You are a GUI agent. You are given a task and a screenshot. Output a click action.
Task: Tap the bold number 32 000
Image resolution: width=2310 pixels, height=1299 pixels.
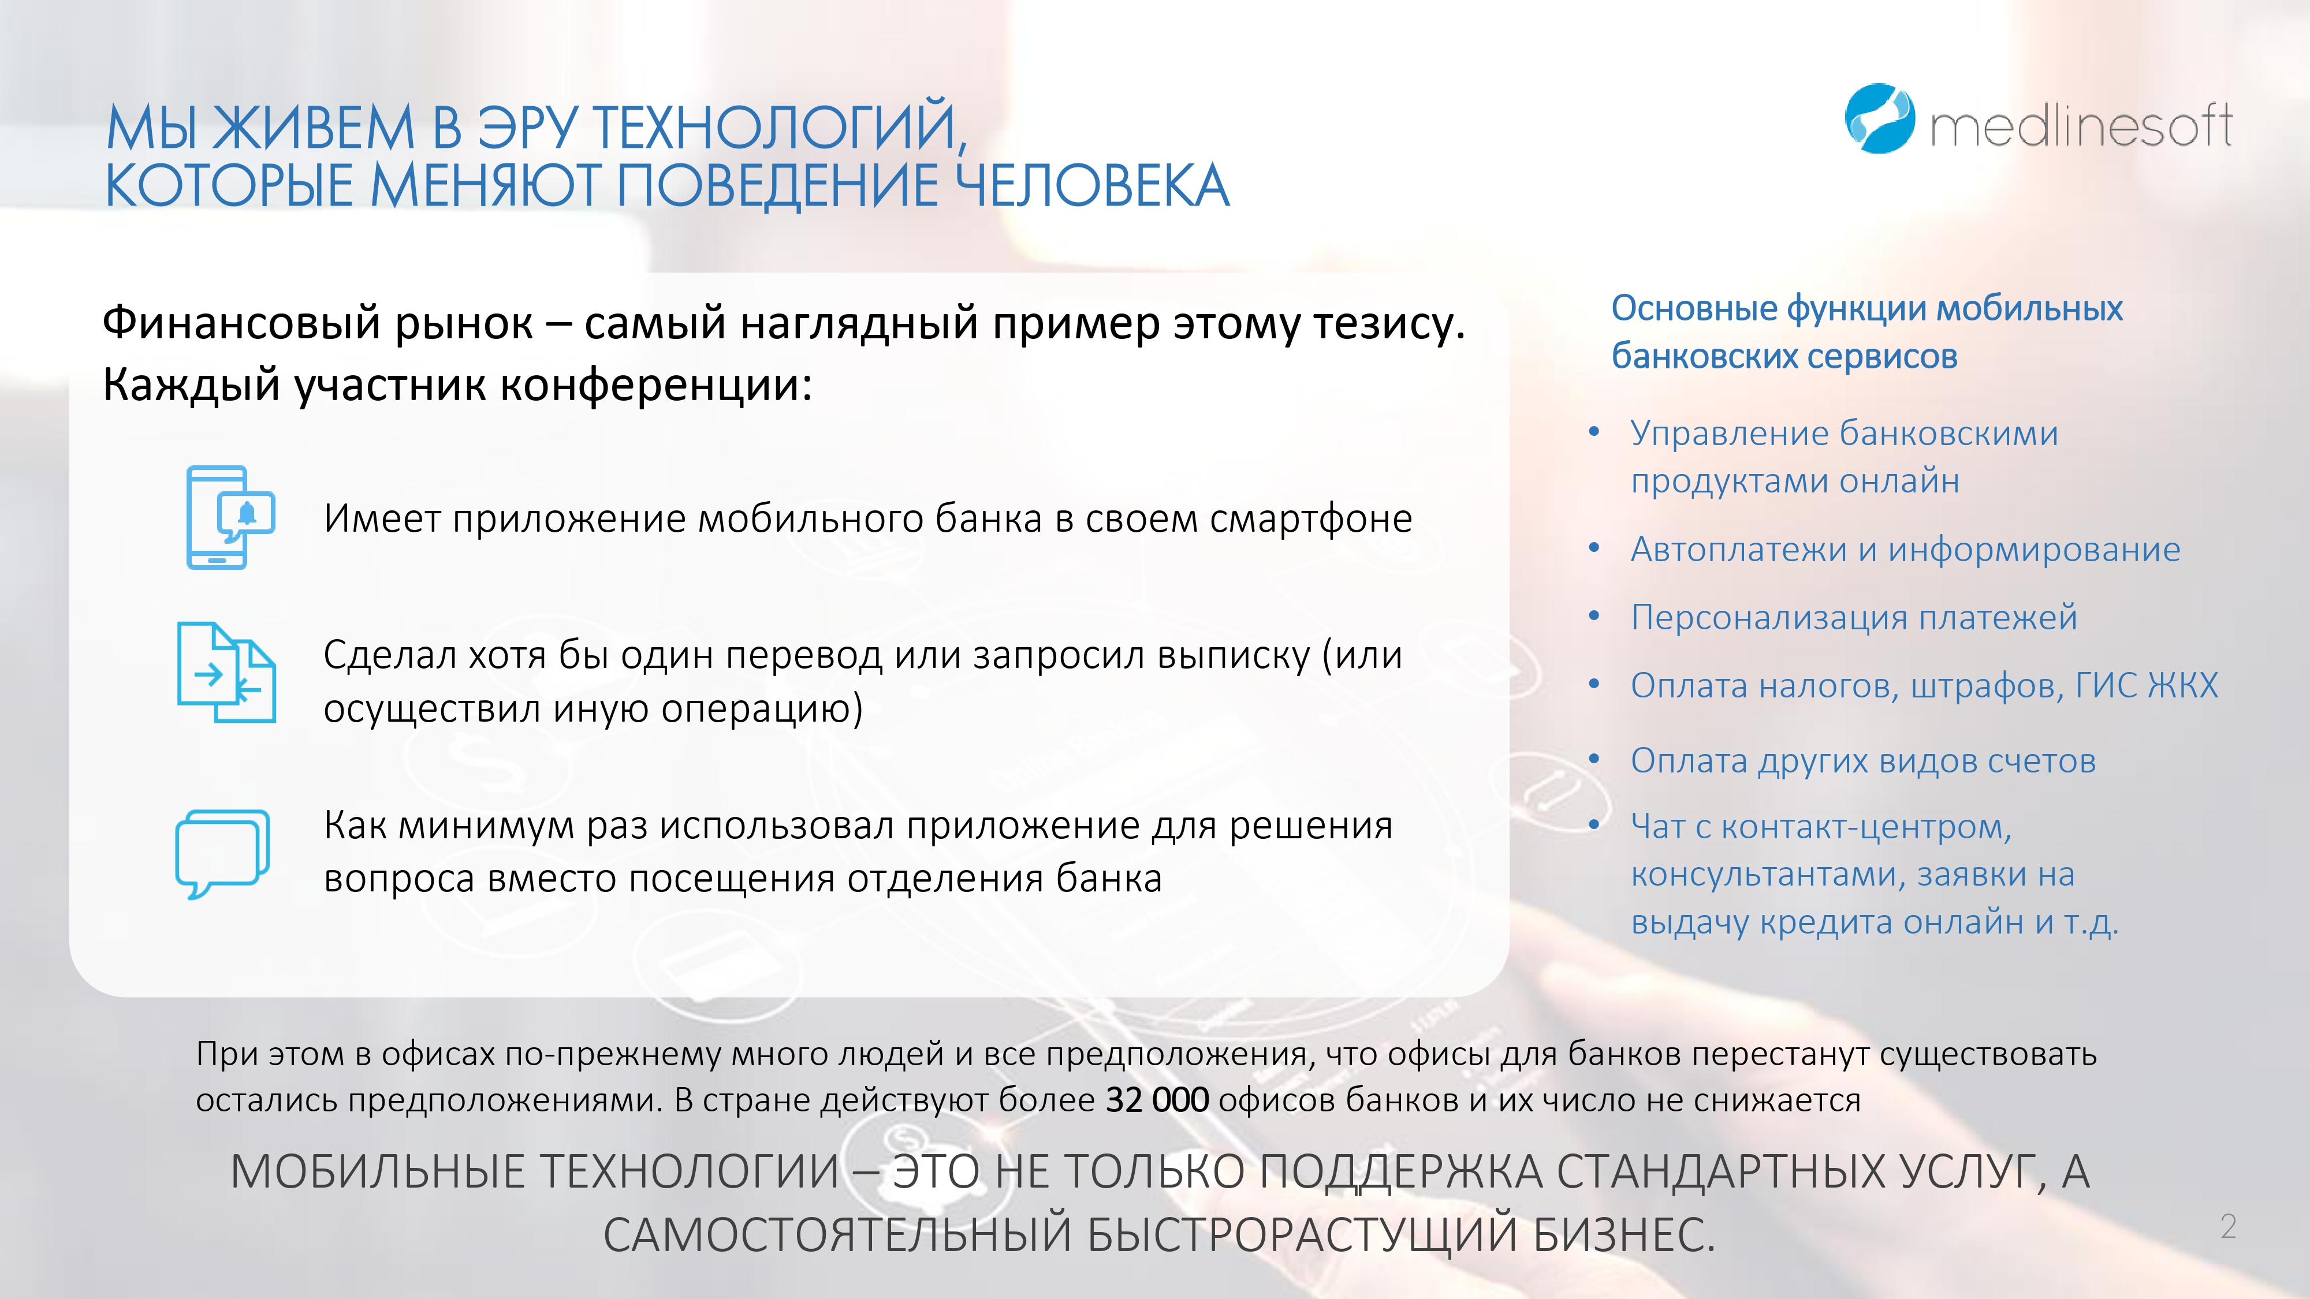[1157, 1100]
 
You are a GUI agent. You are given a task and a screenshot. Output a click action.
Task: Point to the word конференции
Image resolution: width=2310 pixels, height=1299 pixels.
[655, 386]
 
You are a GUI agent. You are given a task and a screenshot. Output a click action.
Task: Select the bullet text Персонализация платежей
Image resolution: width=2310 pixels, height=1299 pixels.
[1854, 618]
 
